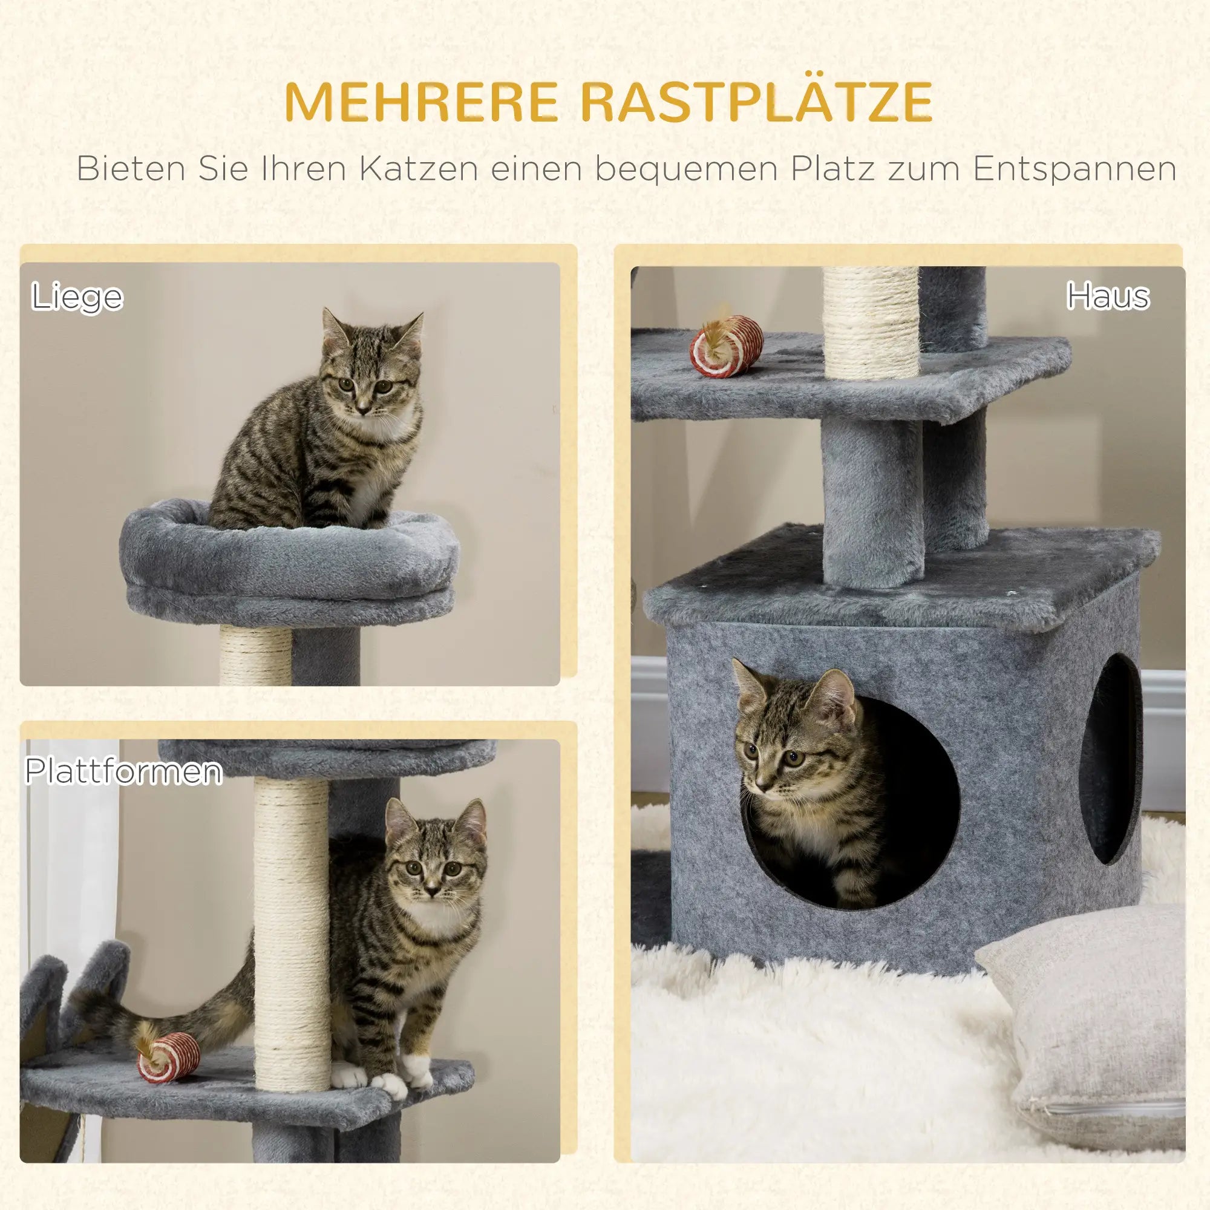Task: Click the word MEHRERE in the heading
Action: pos(421,102)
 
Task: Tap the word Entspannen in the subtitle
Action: pos(1074,169)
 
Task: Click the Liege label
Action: pos(77,297)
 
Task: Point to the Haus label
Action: pos(1108,296)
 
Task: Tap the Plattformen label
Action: pos(123,771)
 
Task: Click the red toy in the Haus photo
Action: pos(727,346)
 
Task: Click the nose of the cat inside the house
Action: pos(761,784)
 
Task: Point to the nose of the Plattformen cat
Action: pos(432,890)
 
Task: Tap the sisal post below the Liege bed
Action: pos(255,656)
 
